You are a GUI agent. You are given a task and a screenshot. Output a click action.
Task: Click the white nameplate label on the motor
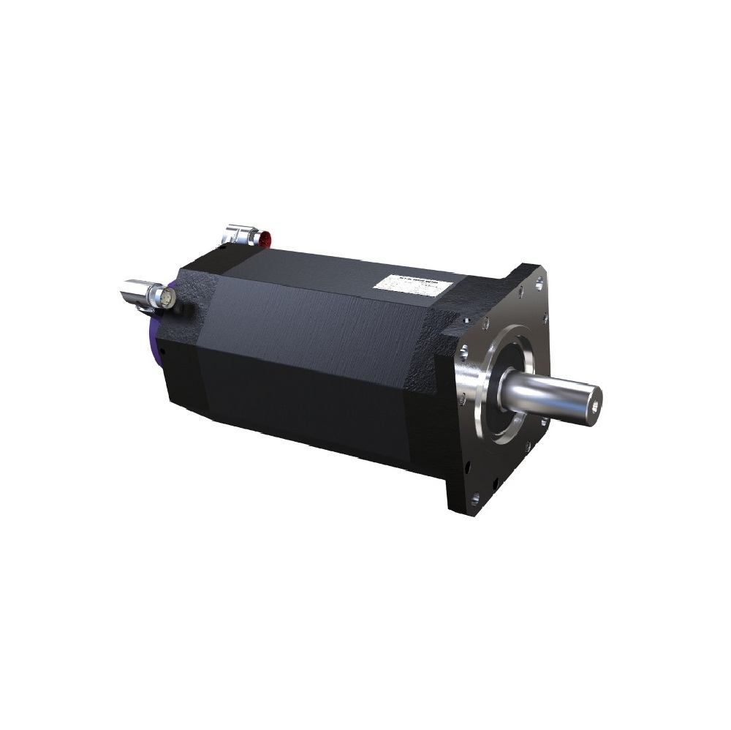pyautogui.click(x=411, y=285)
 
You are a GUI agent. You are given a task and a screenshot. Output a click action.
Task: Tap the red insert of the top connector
pyautogui.click(x=268, y=238)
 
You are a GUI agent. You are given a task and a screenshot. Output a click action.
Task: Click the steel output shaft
pyautogui.click(x=556, y=394)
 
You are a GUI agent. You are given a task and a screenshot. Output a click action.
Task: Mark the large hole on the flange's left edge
pyautogui.click(x=462, y=399)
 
